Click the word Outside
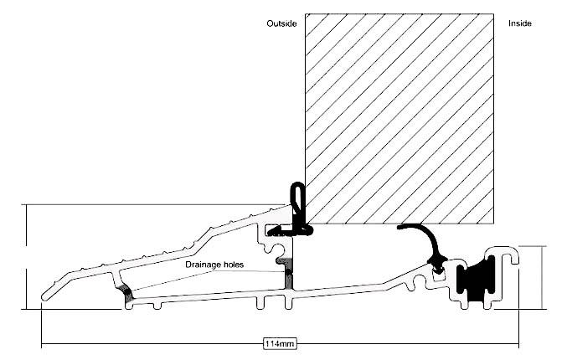pos(282,23)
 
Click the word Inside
pos(520,23)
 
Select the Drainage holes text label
pos(215,265)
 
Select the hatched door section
pos(398,117)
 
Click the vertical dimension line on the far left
pos(26,256)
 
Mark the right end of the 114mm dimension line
pos(518,344)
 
